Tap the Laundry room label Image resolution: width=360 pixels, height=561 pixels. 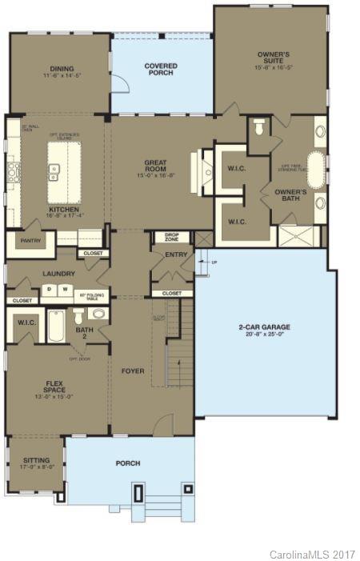[x=60, y=273]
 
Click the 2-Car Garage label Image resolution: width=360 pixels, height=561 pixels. [x=263, y=327]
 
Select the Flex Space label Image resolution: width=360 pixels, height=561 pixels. [x=54, y=392]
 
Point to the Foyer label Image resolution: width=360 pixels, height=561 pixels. [x=132, y=371]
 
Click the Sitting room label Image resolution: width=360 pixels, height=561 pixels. [x=36, y=461]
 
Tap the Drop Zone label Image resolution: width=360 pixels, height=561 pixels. [x=172, y=238]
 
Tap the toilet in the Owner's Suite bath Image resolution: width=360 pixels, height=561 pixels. [x=258, y=128]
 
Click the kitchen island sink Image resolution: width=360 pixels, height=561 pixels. [x=56, y=170]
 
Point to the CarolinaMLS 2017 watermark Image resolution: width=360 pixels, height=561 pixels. [x=312, y=554]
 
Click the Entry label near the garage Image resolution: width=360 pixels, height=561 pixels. [x=174, y=254]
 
